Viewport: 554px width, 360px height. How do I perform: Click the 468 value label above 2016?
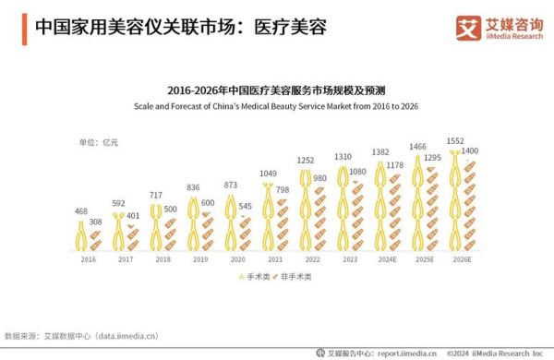click(81, 211)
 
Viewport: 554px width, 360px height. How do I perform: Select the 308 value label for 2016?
click(96, 222)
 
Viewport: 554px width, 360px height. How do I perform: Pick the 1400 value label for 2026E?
click(471, 150)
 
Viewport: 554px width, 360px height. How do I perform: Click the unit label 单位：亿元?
click(99, 142)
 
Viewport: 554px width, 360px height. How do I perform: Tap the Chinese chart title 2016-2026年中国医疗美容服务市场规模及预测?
click(276, 90)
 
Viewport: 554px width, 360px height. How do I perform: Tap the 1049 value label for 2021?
click(267, 173)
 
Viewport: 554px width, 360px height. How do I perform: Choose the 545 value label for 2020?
click(246, 206)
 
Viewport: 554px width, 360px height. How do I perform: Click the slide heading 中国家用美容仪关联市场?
click(111, 27)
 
